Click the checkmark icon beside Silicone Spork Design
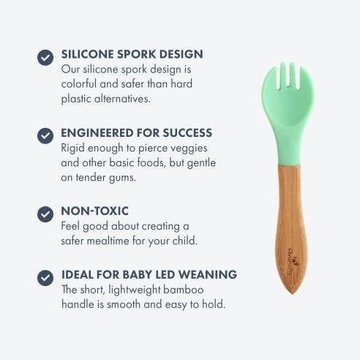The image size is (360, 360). click(x=45, y=56)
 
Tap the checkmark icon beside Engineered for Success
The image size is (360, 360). click(x=45, y=135)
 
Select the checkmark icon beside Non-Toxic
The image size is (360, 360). click(x=45, y=214)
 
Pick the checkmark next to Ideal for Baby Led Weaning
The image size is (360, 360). click(x=45, y=277)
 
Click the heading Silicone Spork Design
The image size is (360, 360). click(x=132, y=54)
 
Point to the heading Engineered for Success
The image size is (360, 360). click(x=136, y=133)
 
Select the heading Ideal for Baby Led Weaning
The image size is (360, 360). click(x=149, y=274)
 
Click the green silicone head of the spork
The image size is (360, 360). click(x=287, y=117)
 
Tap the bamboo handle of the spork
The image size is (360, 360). click(x=291, y=220)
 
